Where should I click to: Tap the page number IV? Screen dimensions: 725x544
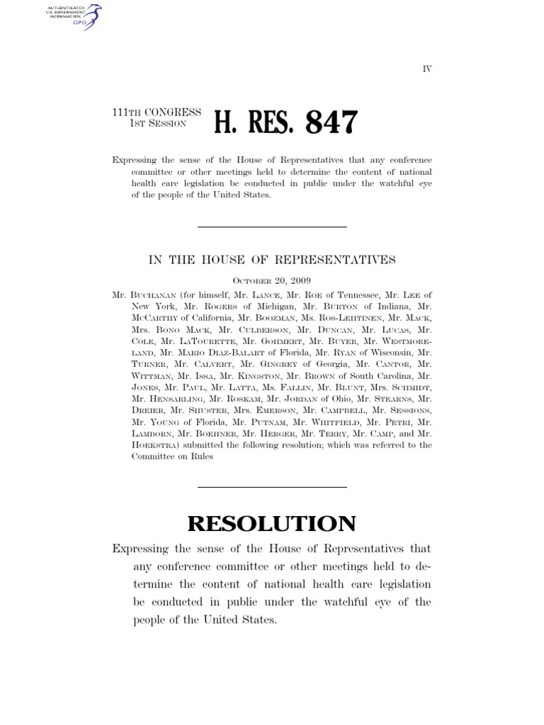point(427,69)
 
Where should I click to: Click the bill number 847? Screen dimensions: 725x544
point(331,123)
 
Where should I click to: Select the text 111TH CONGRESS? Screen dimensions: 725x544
point(157,113)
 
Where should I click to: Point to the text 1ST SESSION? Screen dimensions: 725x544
point(157,123)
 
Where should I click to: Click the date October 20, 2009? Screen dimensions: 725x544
point(271,280)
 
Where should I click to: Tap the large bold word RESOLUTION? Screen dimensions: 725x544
point(271,524)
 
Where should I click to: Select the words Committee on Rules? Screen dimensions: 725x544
point(172,457)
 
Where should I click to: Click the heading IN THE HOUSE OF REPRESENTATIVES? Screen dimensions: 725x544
point(271,260)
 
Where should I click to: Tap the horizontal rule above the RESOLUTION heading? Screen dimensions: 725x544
point(271,487)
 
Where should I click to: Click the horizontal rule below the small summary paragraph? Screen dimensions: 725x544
point(271,227)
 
